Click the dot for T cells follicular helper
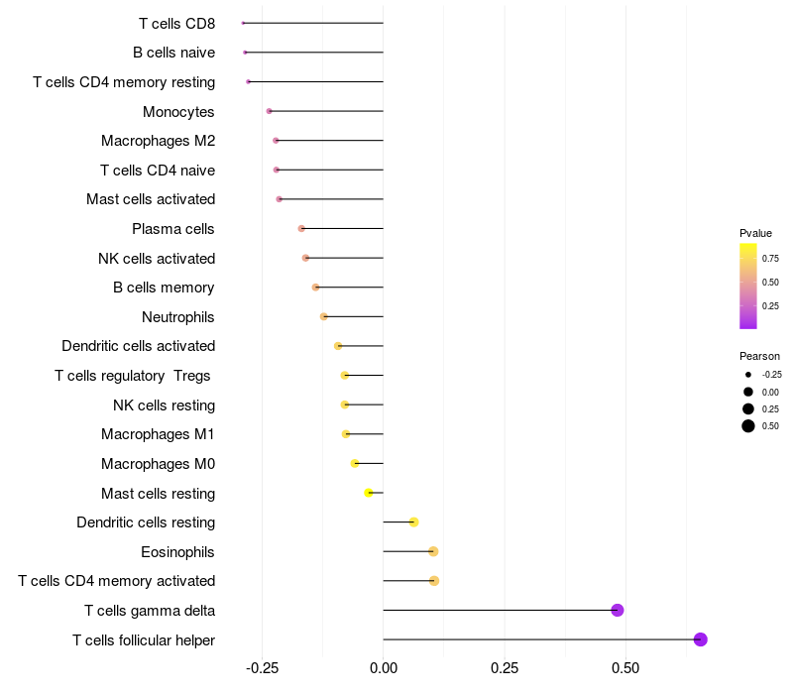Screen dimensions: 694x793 [x=700, y=639]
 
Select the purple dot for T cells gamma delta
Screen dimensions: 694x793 [x=618, y=610]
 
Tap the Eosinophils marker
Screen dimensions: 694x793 [x=433, y=551]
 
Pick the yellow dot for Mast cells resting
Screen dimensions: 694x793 [x=369, y=493]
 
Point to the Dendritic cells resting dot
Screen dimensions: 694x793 [x=413, y=521]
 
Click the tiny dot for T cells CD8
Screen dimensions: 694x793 [x=243, y=23]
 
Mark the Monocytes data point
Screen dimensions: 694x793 [x=269, y=111]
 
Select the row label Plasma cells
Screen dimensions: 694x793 [x=173, y=229]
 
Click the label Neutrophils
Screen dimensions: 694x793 [x=178, y=317]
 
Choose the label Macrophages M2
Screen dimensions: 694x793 [x=158, y=141]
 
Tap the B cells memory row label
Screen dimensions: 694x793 [x=164, y=288]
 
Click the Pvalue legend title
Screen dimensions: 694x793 [x=755, y=233]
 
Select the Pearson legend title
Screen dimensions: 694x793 [x=759, y=356]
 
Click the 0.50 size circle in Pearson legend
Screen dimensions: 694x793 [x=747, y=426]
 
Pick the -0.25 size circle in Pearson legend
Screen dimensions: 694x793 [x=747, y=375]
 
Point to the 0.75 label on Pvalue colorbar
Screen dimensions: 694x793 [x=770, y=258]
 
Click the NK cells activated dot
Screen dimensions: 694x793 [x=305, y=258]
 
